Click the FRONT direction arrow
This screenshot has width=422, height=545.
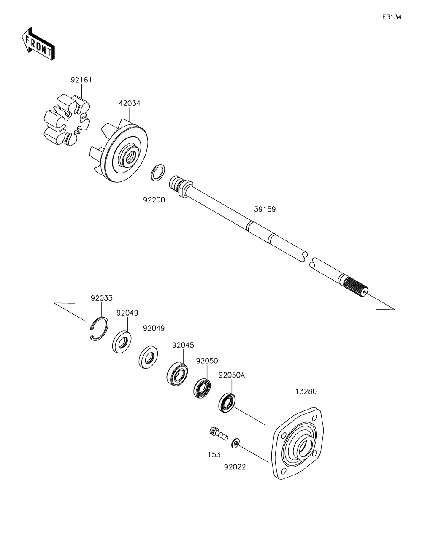tap(37, 43)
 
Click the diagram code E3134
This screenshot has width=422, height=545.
tap(392, 17)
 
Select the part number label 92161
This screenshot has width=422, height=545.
tap(81, 80)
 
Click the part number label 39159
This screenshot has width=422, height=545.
tap(265, 209)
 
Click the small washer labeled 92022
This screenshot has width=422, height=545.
tap(235, 443)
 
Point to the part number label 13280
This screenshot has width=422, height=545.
tap(306, 391)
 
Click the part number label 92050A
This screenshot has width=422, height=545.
tap(231, 375)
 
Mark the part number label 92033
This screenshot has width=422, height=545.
tap(102, 298)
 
